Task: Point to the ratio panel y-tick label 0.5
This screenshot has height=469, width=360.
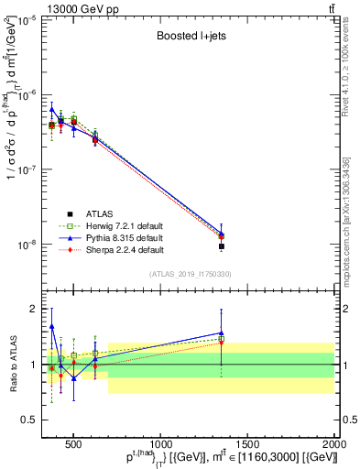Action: [x=31, y=420]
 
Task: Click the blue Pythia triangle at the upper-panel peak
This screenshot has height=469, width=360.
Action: [x=52, y=108]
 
